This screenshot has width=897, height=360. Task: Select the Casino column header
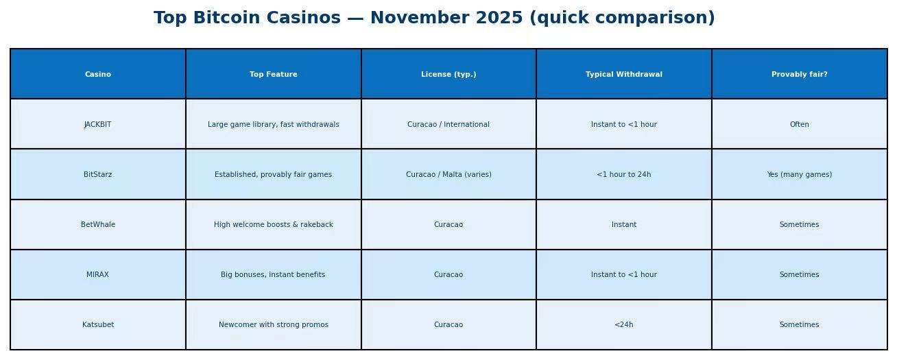(x=98, y=74)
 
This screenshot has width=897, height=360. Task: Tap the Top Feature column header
(x=274, y=74)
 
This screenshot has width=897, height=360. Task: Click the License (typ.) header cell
(x=449, y=75)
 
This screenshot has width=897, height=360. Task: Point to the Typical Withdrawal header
(x=624, y=75)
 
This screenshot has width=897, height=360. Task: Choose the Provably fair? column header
(x=800, y=75)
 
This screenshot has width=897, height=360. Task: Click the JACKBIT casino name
(x=97, y=125)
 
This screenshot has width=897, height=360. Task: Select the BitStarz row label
(x=97, y=175)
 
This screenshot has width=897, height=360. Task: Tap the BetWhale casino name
(x=98, y=225)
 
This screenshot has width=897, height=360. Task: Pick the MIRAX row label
(x=97, y=275)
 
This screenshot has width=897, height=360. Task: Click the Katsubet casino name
(x=98, y=325)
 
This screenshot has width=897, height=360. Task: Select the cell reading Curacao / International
(x=449, y=125)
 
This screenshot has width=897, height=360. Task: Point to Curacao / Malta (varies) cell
(x=449, y=175)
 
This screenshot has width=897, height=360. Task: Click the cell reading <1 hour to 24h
(x=624, y=175)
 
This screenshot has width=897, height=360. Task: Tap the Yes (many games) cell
(x=800, y=175)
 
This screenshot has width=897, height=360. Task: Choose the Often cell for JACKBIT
(x=800, y=125)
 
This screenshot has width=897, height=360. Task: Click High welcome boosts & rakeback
(x=274, y=225)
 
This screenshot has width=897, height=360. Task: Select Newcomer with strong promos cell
(x=274, y=325)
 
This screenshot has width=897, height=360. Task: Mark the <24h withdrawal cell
(x=624, y=325)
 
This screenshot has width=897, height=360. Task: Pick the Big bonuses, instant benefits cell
(x=273, y=275)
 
